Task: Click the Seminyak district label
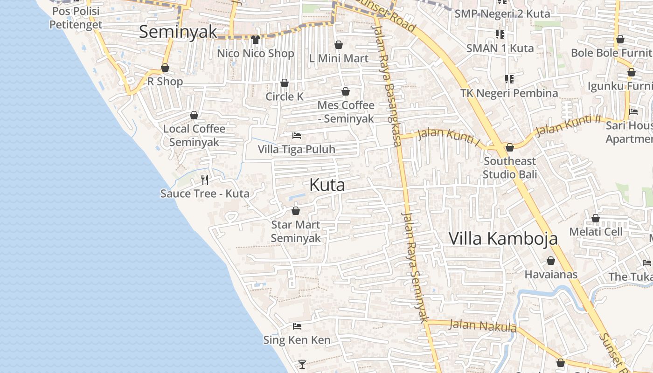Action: coord(178,32)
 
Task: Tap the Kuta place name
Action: coord(327,185)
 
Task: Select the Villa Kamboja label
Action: coord(503,238)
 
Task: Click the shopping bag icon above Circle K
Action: coord(285,83)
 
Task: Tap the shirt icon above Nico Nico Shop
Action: coord(255,39)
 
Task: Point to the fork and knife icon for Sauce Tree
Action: coord(204,180)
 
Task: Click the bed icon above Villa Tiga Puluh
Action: coord(297,136)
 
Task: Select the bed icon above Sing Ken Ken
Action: coord(297,326)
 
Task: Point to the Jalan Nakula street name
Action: coord(482,325)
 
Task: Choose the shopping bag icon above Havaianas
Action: coord(551,261)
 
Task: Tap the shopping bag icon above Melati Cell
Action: coord(596,218)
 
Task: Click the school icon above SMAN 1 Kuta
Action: coord(500,34)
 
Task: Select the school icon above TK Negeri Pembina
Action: coord(509,79)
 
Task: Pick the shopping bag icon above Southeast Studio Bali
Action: coord(510,147)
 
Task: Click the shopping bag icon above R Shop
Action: coord(165,68)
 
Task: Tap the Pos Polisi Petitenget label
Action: coord(76,18)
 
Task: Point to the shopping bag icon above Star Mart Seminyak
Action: coord(295,211)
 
